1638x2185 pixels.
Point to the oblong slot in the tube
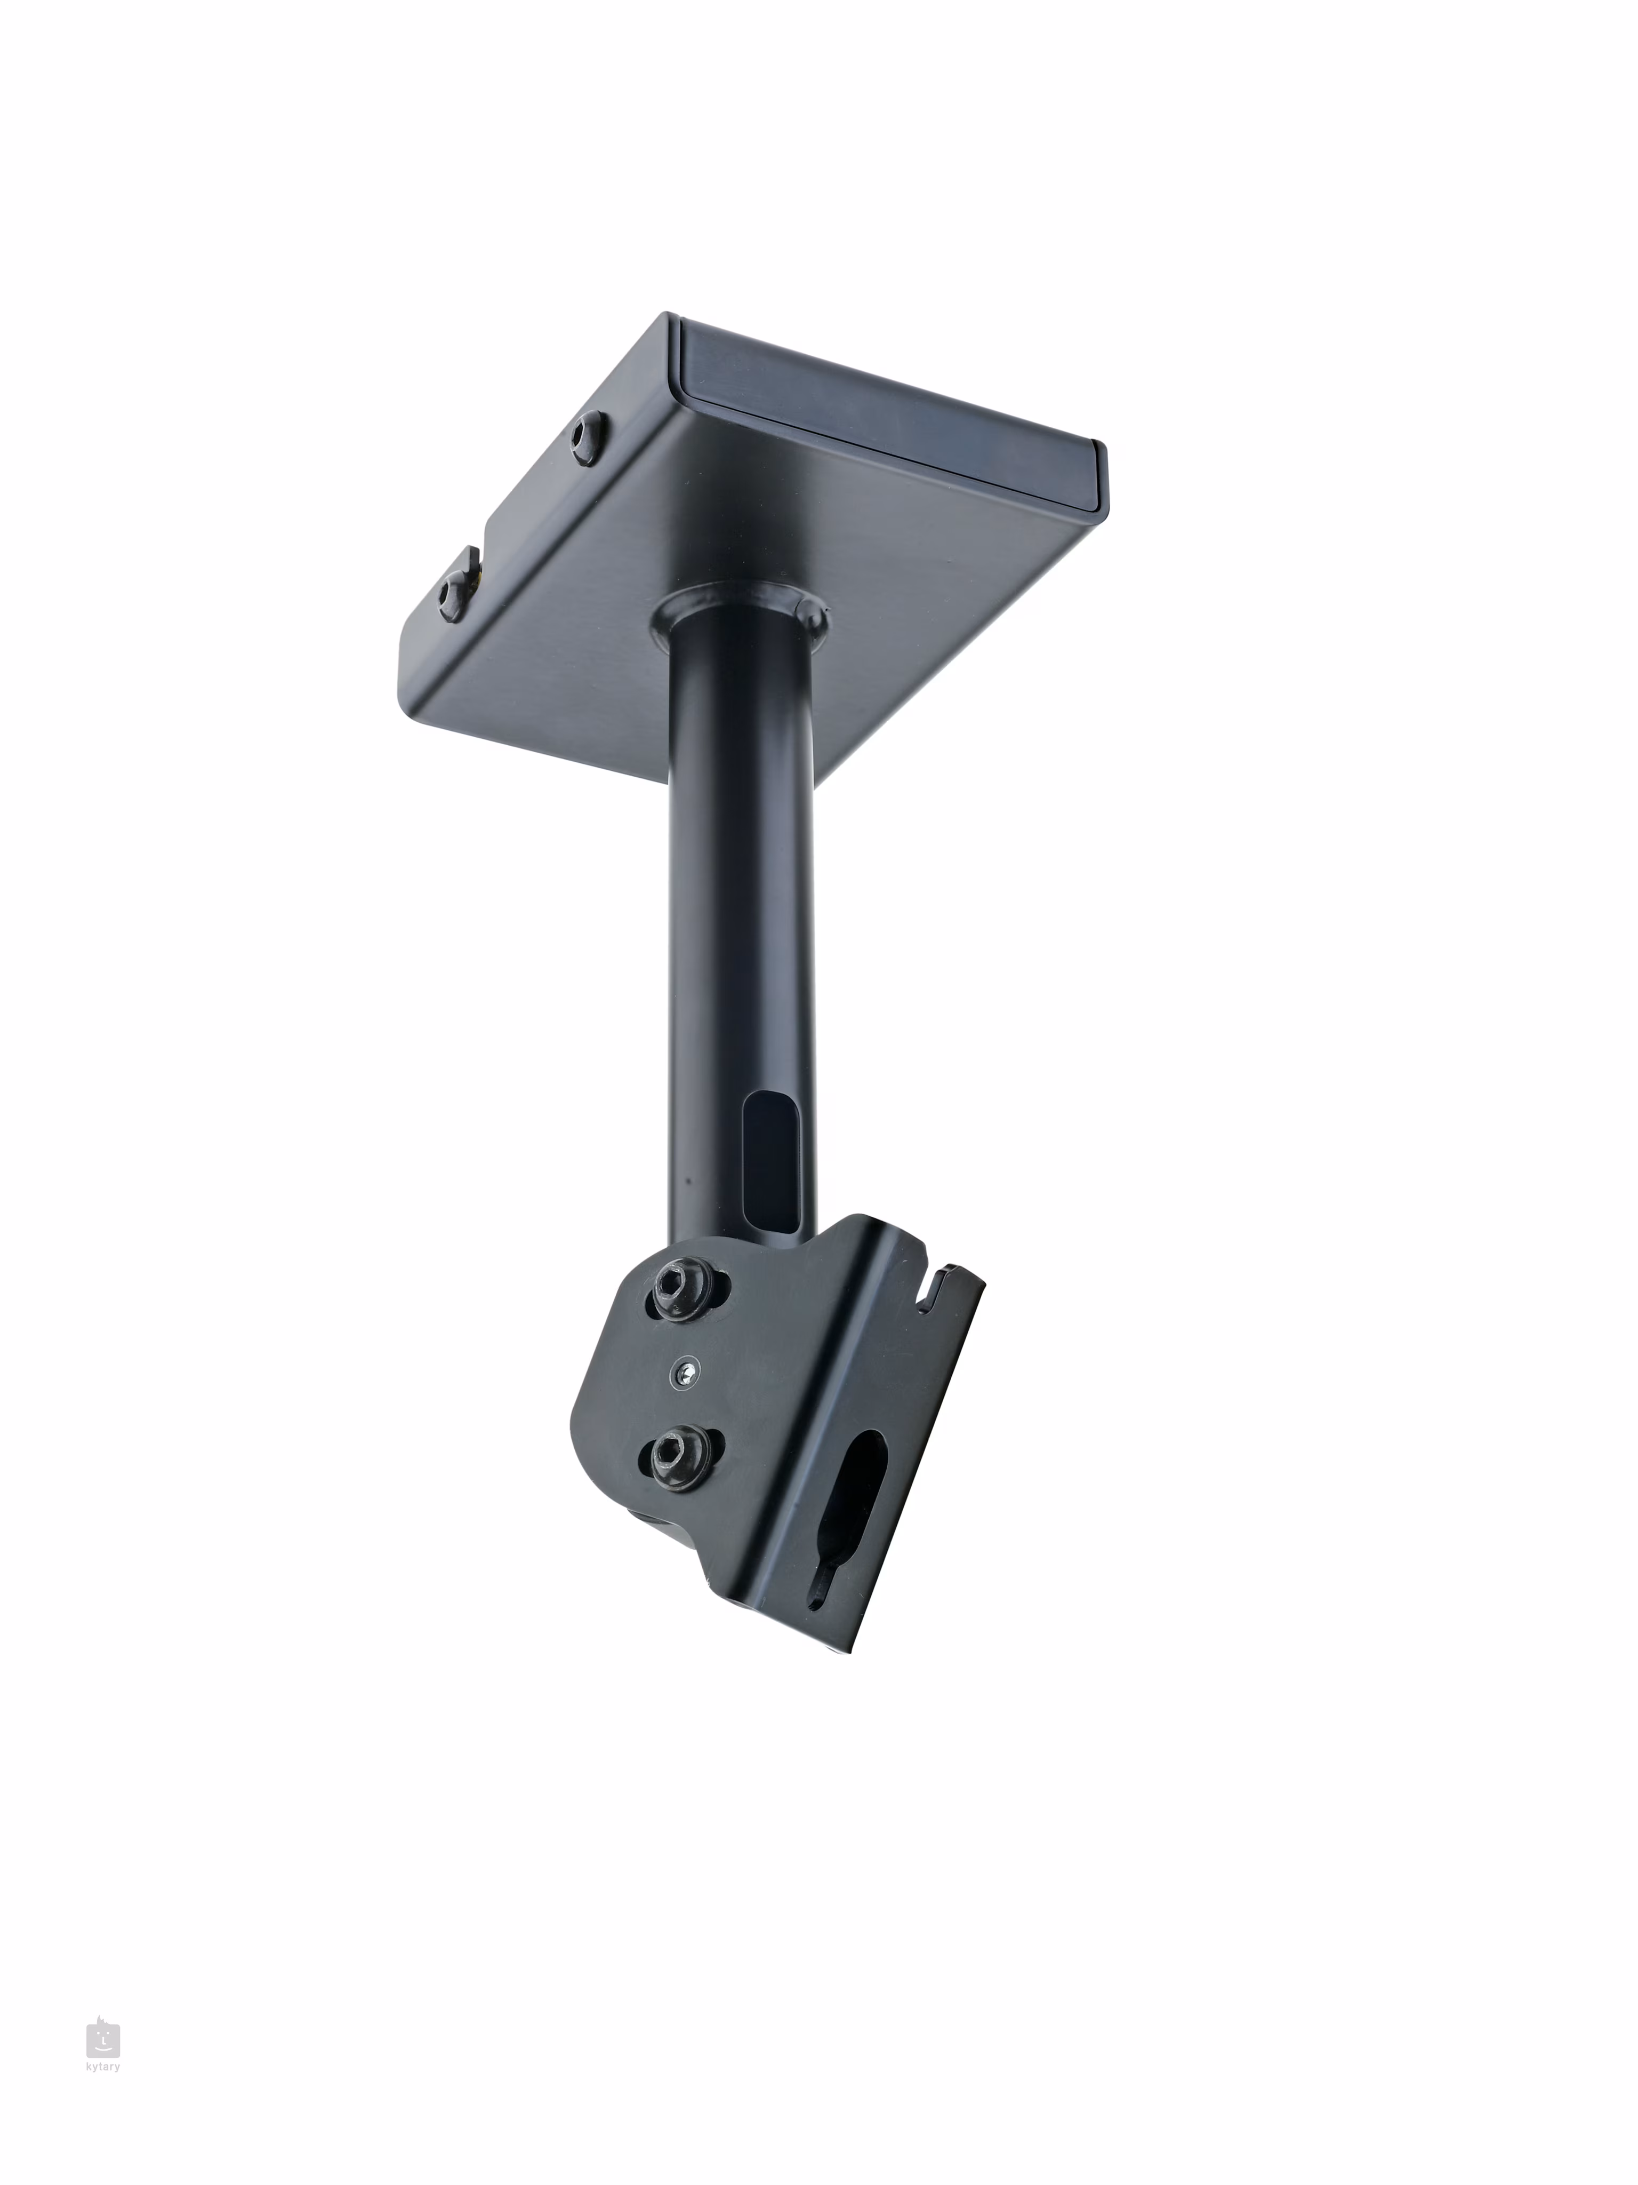(x=770, y=1161)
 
